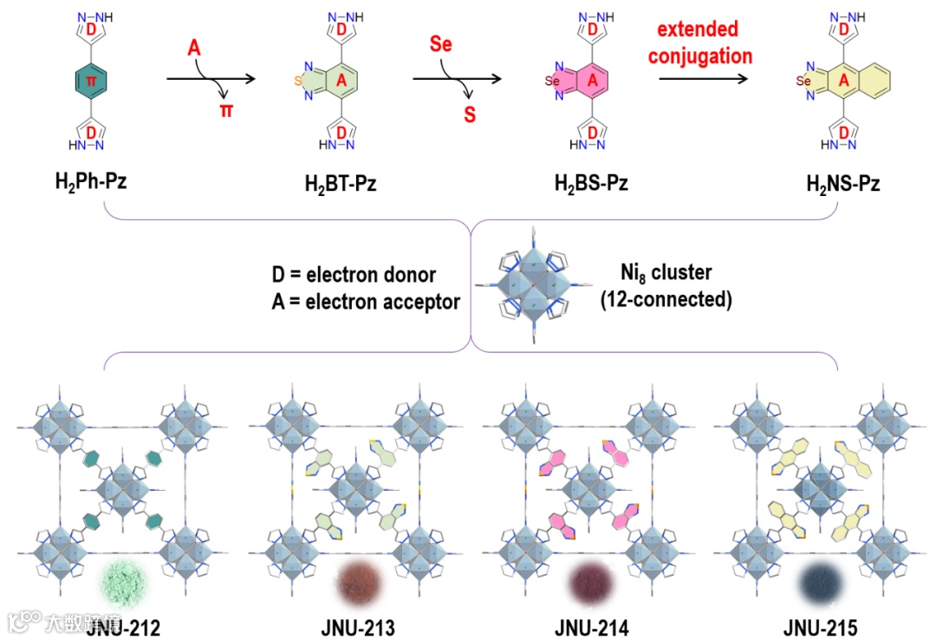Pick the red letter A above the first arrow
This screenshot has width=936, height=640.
pos(196,49)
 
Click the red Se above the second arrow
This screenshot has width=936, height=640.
pos(441,44)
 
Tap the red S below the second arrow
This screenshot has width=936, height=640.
pos(470,114)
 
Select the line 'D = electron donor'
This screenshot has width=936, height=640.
pos(354,276)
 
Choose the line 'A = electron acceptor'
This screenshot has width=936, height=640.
pos(365,303)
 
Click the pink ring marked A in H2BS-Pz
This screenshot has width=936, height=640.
pos(592,81)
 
